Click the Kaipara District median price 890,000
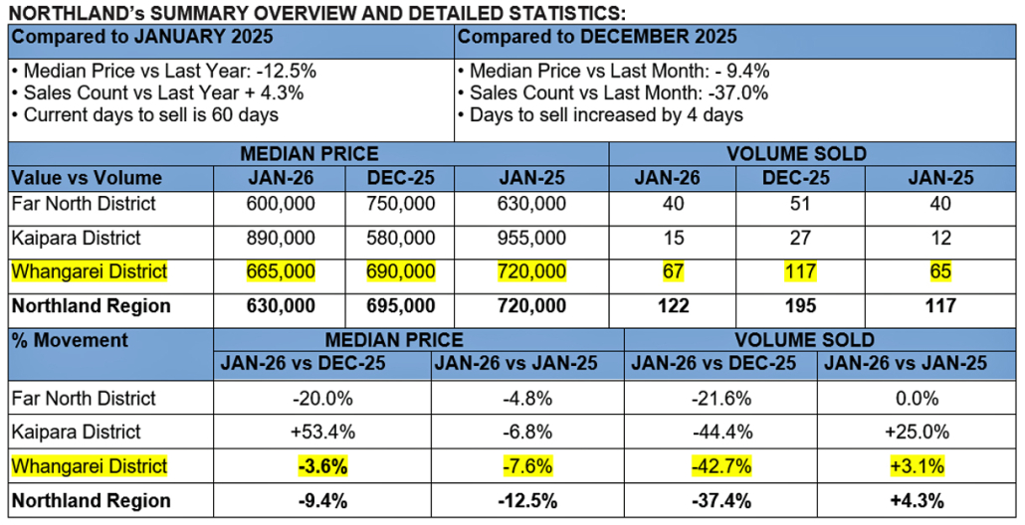[280, 239]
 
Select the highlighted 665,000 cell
[280, 271]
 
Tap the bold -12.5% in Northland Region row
[527, 500]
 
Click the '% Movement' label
[70, 340]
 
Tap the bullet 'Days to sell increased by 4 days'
[601, 114]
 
